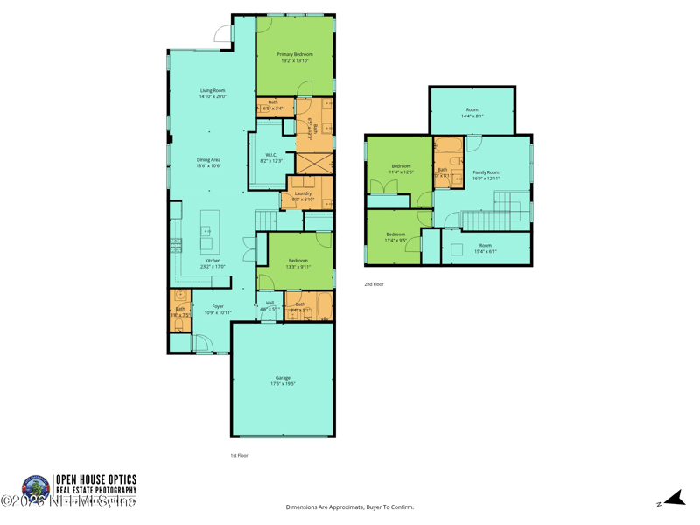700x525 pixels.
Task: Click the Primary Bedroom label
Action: tap(295, 54)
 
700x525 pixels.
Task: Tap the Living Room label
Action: tap(213, 90)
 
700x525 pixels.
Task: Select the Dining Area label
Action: tap(208, 159)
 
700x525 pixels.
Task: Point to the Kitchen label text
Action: tap(213, 261)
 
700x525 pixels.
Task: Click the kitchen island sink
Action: tap(207, 231)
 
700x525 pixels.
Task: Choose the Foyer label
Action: tap(217, 306)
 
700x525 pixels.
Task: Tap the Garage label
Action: tap(283, 378)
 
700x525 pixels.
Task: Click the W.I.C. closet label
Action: tap(271, 155)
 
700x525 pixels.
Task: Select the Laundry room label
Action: tap(303, 193)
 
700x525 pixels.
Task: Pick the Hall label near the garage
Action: tap(269, 303)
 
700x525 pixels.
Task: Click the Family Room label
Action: tap(486, 172)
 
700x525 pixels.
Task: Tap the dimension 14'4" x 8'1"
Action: tap(472, 116)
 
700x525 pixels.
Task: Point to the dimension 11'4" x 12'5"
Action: tap(401, 172)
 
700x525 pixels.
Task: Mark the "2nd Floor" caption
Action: tap(374, 284)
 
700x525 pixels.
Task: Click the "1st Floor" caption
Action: tap(239, 455)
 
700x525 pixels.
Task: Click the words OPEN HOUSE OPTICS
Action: tap(95, 479)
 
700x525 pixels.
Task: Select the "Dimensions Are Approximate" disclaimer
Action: tap(349, 507)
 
